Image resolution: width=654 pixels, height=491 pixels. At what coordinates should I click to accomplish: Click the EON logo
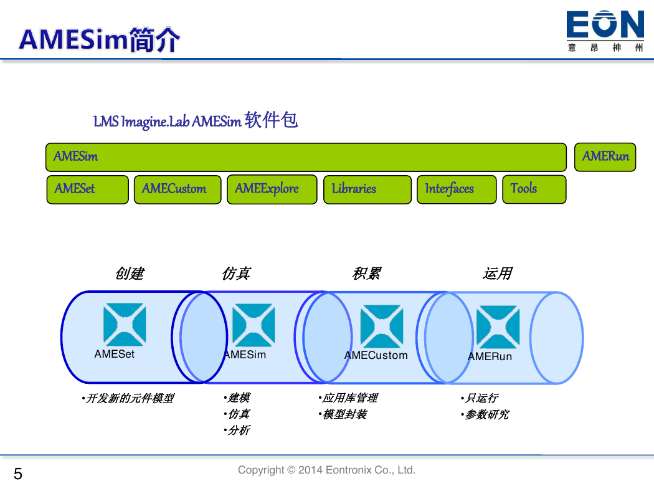(605, 31)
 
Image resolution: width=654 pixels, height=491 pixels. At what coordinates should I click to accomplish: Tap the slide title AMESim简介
(99, 40)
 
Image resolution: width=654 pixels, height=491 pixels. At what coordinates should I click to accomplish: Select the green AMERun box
(605, 157)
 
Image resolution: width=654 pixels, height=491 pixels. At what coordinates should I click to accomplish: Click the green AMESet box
(88, 189)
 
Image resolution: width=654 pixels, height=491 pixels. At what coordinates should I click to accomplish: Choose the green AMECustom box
(178, 189)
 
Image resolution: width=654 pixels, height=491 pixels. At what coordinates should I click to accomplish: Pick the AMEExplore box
(272, 189)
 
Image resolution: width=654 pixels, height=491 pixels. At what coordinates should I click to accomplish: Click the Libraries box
(367, 189)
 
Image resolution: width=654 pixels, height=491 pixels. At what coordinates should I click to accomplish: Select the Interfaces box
(457, 189)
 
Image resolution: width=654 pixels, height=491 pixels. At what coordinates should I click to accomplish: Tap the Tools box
(534, 189)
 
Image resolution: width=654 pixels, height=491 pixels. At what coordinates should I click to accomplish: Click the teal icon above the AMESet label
(125, 325)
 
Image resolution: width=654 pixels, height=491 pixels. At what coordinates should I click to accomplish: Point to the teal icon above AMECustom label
(382, 327)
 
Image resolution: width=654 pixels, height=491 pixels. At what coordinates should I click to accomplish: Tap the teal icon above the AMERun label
(498, 327)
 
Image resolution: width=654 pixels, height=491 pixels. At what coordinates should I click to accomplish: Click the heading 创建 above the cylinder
(130, 274)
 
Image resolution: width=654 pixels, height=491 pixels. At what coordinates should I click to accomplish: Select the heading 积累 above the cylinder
(367, 274)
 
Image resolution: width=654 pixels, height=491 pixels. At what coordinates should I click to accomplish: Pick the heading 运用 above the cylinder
(498, 274)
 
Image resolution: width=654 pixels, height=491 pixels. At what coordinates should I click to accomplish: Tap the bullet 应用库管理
(348, 398)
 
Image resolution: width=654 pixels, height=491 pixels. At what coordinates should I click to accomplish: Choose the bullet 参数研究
(485, 414)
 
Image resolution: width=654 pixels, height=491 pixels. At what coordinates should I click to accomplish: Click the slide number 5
(18, 474)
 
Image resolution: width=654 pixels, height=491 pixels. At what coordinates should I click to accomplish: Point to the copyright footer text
(326, 470)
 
